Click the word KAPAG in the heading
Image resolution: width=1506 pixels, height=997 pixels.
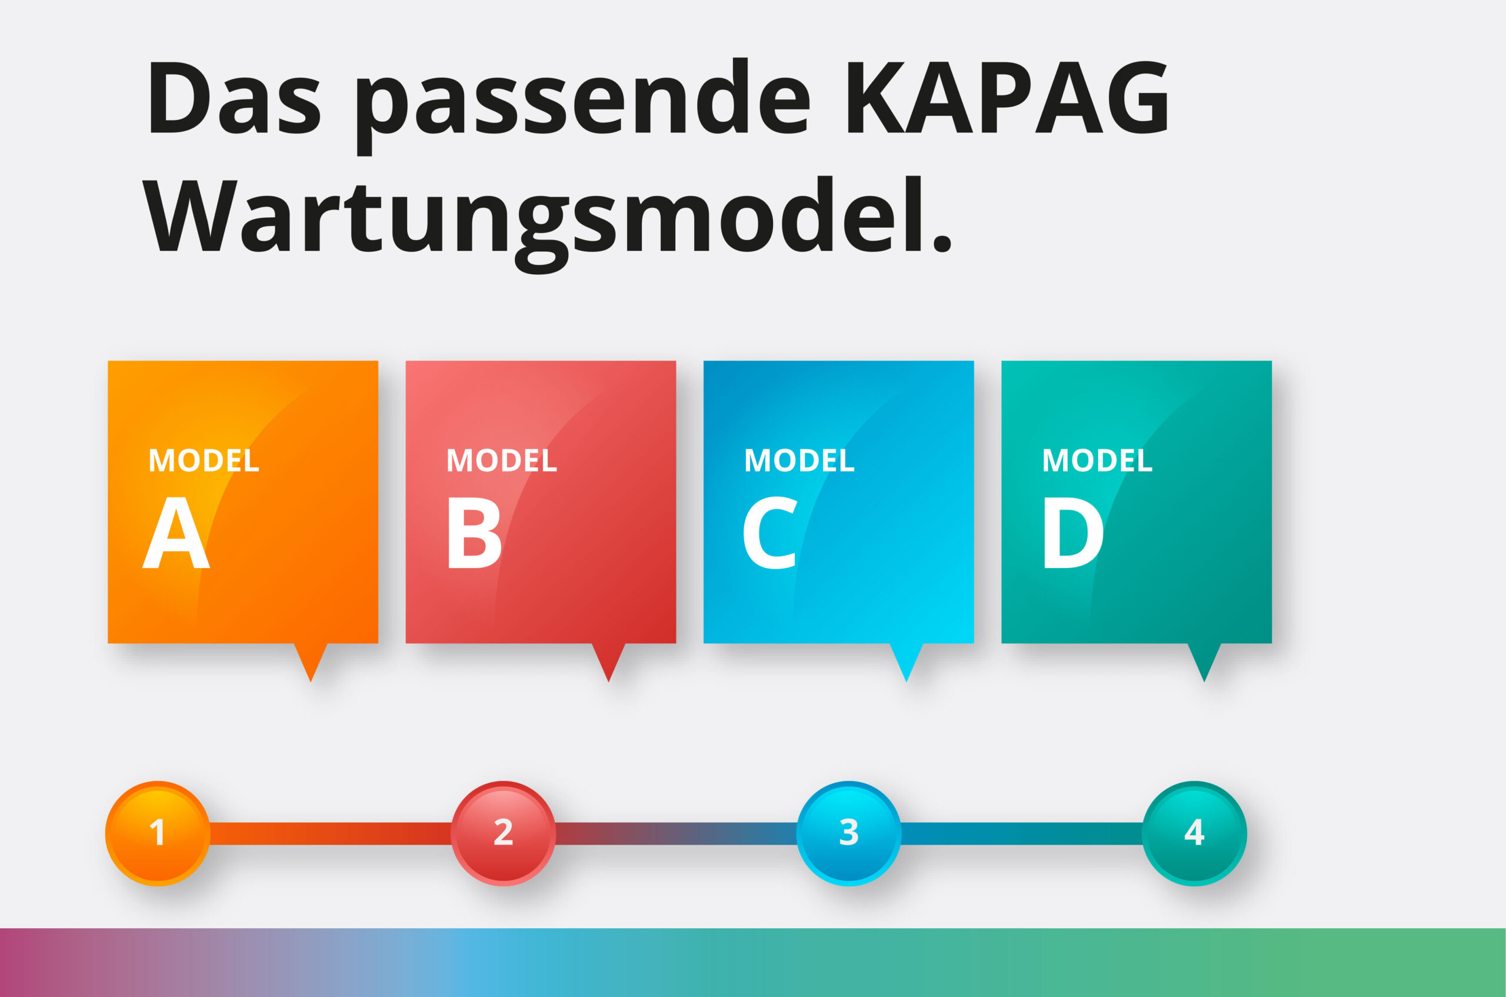[1008, 97]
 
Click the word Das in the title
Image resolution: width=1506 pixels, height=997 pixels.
[235, 97]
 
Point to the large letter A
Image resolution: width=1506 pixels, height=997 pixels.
[176, 533]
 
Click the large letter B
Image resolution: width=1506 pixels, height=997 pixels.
[475, 533]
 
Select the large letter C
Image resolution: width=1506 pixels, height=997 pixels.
[769, 533]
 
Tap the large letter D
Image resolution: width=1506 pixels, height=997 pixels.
[1072, 533]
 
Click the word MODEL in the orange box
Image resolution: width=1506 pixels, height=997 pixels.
[204, 460]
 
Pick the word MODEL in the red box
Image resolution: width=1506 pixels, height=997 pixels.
[502, 460]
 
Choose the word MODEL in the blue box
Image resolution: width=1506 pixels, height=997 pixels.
[799, 460]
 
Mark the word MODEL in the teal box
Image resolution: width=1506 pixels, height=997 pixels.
[1097, 460]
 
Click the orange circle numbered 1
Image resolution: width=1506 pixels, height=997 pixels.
[158, 833]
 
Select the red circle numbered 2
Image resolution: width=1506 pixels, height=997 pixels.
[503, 833]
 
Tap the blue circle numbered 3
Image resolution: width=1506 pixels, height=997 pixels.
[849, 833]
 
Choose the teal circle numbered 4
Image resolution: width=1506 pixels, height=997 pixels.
[1195, 833]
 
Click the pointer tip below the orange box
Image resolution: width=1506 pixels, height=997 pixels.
[311, 682]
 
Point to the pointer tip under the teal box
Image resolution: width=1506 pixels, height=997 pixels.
[1204, 682]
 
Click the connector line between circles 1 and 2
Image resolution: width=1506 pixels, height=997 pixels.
[331, 833]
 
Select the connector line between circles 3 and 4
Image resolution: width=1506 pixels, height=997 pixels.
[1022, 833]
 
